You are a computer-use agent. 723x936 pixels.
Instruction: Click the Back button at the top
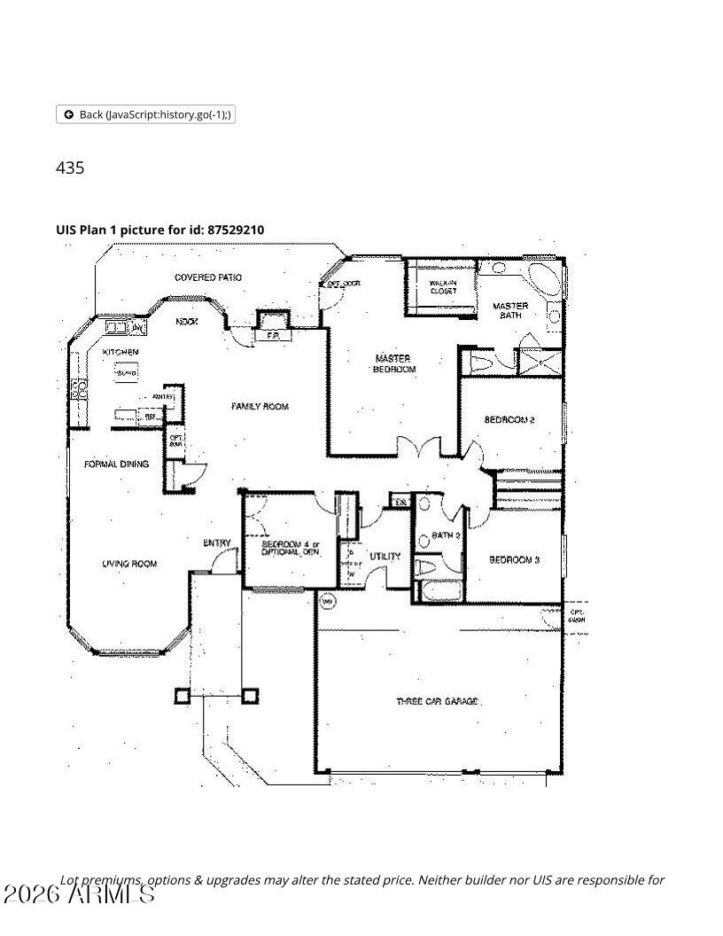tap(145, 114)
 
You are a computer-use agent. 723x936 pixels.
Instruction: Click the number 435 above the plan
tap(70, 168)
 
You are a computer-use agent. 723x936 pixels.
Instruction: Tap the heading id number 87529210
tap(235, 230)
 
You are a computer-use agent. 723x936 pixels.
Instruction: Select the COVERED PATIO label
tap(208, 277)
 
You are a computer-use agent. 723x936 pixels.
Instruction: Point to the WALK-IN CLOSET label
tap(442, 286)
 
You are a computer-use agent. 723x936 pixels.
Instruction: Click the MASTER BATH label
tap(510, 310)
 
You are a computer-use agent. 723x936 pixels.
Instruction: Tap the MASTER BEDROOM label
tap(393, 363)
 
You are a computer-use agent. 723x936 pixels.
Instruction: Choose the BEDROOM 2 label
tap(509, 419)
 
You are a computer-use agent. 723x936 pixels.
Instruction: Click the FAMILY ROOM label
tap(260, 407)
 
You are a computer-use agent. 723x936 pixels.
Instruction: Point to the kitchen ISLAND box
tap(126, 373)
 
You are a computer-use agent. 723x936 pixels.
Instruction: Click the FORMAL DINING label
tap(116, 464)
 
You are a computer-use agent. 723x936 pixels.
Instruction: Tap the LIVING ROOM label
tap(129, 564)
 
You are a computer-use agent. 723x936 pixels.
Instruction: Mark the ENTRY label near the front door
tap(217, 543)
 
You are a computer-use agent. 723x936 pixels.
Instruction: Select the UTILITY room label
tap(385, 557)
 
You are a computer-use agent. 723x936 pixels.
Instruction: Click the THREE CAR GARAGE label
tap(438, 701)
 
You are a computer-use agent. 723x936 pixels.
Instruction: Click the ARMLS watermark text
tap(80, 893)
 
